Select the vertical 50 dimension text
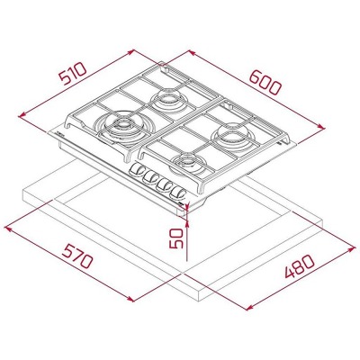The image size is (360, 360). tap(176, 238)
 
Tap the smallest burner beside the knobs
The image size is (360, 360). tap(190, 163)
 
